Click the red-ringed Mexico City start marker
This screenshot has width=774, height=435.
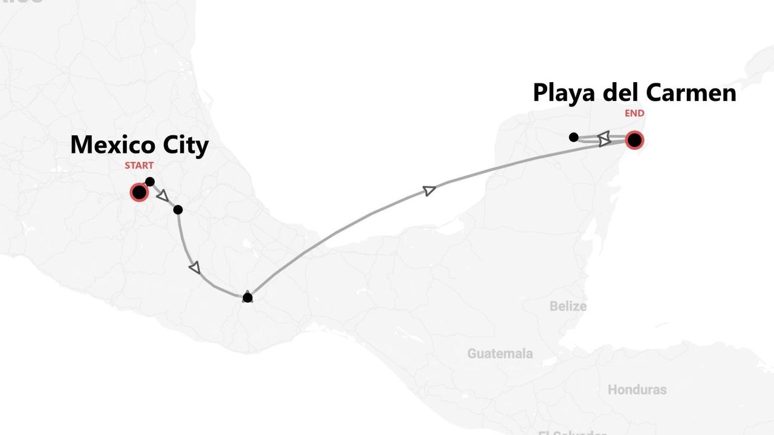(139, 193)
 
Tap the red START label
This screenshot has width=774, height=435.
(139, 165)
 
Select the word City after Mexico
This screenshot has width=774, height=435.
(185, 145)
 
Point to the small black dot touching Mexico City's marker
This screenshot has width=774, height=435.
(150, 182)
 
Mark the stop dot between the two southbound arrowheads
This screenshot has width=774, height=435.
(178, 210)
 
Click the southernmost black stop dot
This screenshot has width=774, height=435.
(247, 297)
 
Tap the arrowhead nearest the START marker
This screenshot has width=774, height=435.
(162, 195)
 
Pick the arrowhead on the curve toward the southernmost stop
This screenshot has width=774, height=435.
(195, 267)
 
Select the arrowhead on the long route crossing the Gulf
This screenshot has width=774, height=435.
(429, 190)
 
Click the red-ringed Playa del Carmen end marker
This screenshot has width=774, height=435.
(634, 141)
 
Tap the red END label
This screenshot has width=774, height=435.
(634, 113)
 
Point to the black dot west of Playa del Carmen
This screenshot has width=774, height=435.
(574, 137)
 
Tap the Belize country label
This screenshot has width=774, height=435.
(568, 306)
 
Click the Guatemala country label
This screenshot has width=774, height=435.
(500, 353)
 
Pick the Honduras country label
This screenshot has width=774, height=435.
(637, 390)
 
